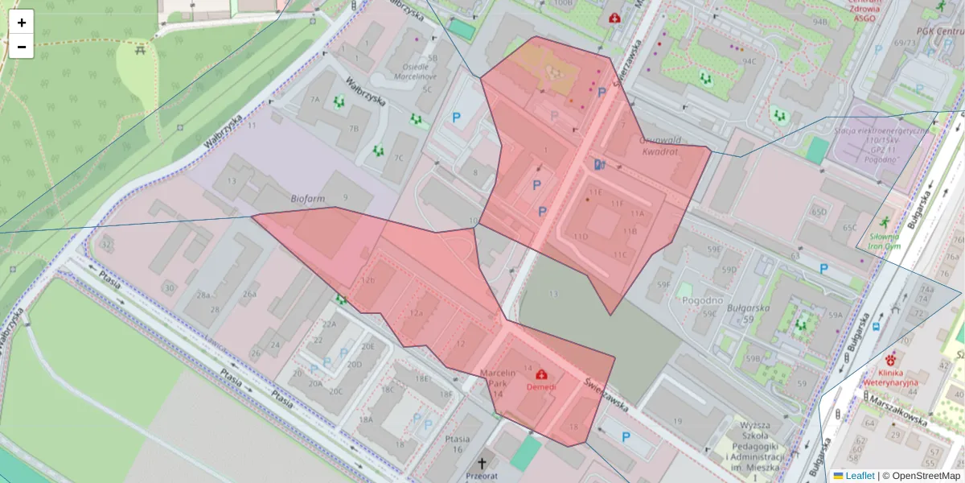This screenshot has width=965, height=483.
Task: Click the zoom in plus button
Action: pos(22,23)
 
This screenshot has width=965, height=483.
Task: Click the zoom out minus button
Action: pos(22,47)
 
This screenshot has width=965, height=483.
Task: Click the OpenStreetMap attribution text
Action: pos(921,476)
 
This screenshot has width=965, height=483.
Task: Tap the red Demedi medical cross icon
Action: pos(541,374)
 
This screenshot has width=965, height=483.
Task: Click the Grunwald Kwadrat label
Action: pos(659,145)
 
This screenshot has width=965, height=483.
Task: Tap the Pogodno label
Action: pos(701,299)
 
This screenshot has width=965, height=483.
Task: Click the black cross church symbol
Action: pos(482,464)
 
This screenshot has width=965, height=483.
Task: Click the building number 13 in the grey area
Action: pos(553,295)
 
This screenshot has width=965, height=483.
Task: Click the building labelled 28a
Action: pos(204,295)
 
